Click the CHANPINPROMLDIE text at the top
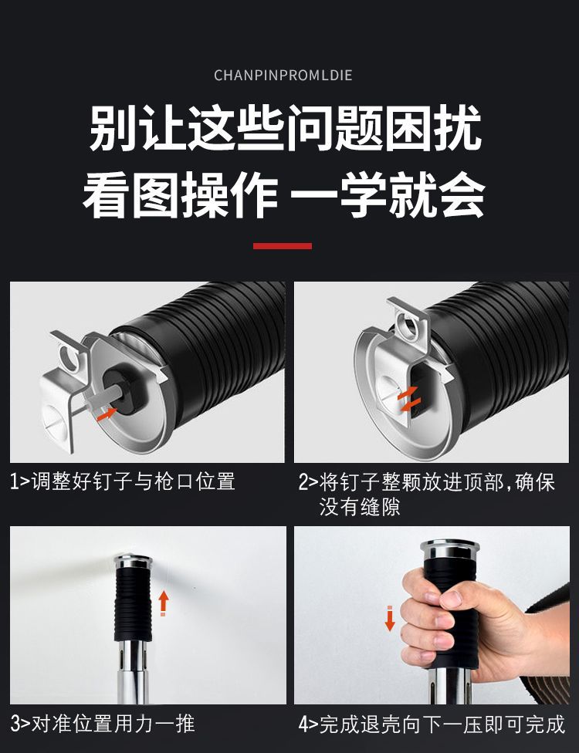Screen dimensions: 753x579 [283, 75]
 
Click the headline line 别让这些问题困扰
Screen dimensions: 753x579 [285, 130]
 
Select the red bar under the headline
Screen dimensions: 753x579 [283, 245]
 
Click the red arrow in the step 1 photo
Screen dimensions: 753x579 [107, 413]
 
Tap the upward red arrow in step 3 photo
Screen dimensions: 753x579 [163, 602]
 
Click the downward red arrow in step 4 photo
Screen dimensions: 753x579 [390, 619]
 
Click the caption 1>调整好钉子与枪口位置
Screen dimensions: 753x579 [123, 482]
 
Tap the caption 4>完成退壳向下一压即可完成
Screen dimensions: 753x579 [432, 724]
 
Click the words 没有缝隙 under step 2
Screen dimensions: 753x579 [360, 506]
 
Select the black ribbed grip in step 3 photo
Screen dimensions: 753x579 [133, 606]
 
